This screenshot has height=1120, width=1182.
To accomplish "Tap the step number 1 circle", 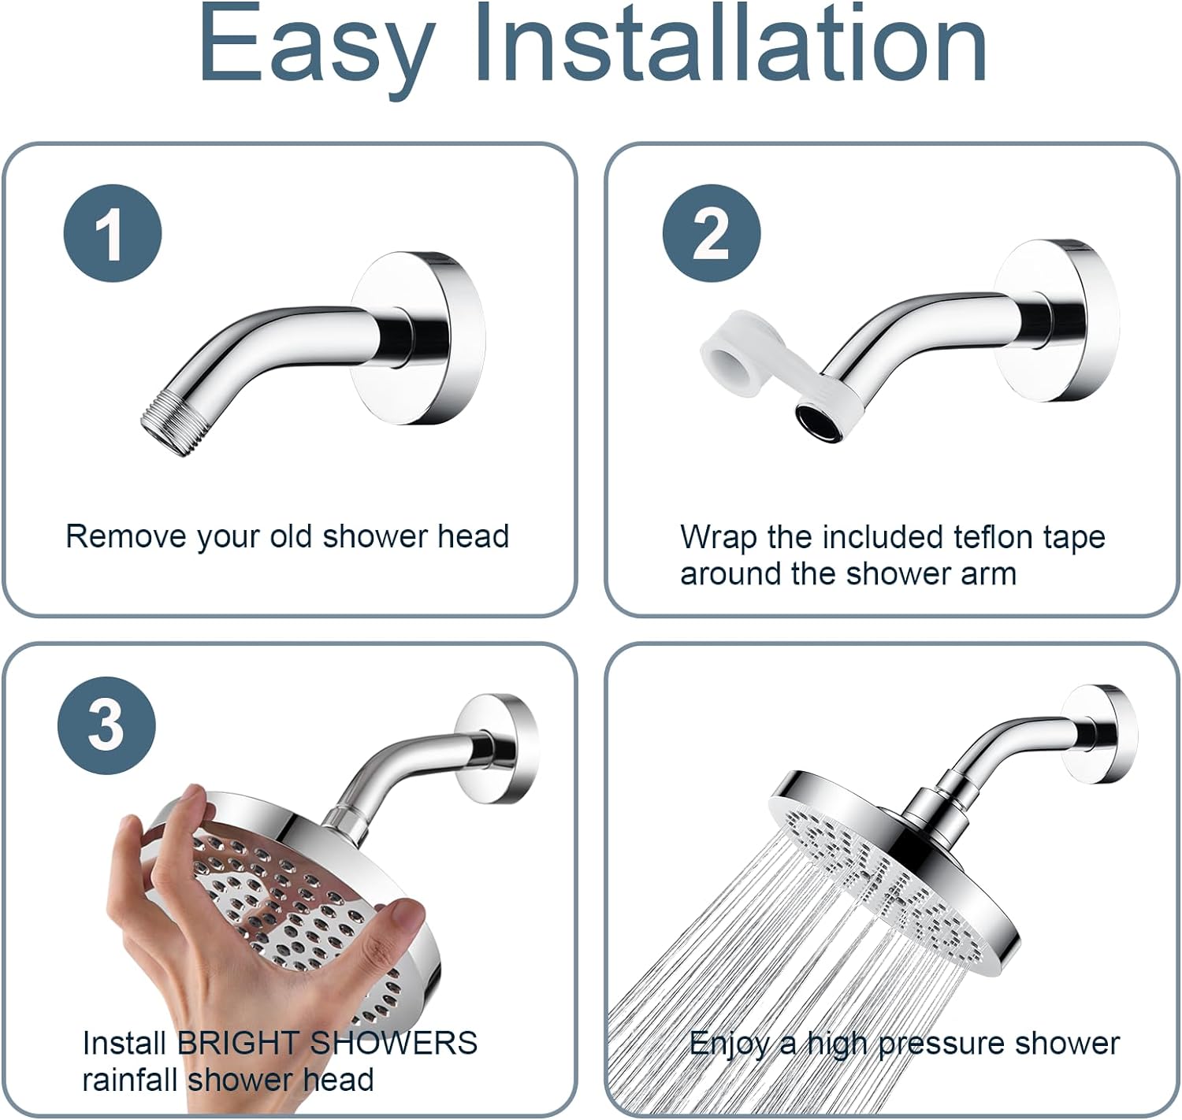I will (113, 233).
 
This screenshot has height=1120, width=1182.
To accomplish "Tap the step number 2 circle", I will (711, 233).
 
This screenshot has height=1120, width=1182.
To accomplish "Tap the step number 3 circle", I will (106, 725).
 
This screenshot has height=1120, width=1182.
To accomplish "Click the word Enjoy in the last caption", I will (730, 1044).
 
